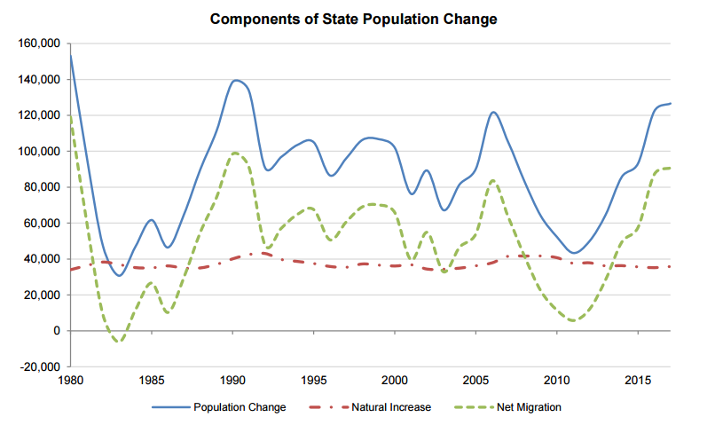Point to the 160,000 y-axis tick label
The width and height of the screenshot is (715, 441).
[x=38, y=43]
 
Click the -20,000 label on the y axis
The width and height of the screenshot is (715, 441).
[x=38, y=366]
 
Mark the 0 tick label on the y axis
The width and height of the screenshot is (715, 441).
[x=55, y=331]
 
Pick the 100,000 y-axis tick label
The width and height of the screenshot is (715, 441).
[x=38, y=151]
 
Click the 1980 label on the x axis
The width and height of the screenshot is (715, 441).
[x=71, y=381]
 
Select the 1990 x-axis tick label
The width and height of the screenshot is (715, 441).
[x=232, y=381]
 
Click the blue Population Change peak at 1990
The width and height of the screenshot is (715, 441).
[x=235, y=81]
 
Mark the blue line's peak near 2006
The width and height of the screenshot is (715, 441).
[x=493, y=112]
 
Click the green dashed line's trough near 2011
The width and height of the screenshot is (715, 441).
[x=574, y=320]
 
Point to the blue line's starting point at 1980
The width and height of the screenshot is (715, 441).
[x=71, y=55]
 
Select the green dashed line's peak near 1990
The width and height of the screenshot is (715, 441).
[x=235, y=153]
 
